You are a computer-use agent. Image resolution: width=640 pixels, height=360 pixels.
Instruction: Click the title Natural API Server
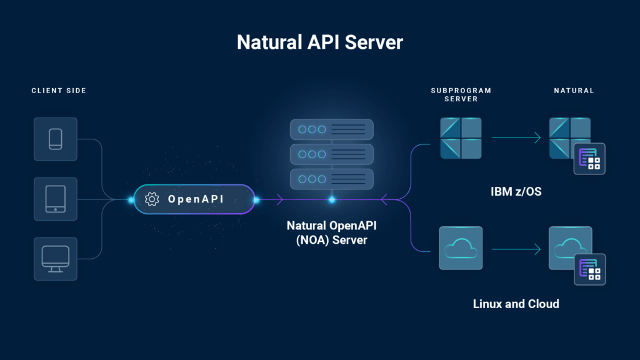[320, 43]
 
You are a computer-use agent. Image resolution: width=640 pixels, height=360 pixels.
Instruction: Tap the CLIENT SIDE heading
[59, 91]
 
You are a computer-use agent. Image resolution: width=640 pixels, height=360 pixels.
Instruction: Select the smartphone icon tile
[56, 139]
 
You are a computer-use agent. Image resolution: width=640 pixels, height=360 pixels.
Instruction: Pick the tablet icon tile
[56, 199]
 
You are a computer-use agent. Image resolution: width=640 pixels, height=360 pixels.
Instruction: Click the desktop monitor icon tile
[56, 259]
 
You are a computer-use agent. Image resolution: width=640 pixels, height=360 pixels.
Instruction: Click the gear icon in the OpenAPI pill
[151, 199]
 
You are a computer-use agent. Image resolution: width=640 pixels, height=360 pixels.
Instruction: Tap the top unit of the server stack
[332, 129]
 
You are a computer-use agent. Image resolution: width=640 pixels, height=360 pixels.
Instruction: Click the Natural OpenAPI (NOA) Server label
[332, 232]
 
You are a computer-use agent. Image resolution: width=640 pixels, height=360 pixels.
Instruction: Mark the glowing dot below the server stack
[332, 200]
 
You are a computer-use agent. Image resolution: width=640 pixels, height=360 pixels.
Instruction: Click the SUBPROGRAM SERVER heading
[461, 94]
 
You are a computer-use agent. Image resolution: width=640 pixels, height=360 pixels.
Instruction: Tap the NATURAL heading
[574, 91]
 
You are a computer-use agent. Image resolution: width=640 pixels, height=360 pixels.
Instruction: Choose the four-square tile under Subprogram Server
[461, 138]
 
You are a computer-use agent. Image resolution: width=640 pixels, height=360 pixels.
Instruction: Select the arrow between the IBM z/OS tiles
[516, 138]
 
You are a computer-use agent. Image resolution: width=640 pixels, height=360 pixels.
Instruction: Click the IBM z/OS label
[516, 191]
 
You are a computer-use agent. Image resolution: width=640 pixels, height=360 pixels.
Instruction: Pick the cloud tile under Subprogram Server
[461, 248]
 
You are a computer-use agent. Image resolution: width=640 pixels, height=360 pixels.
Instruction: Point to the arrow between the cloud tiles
[516, 249]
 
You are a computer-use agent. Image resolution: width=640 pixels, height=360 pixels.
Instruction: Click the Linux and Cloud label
[516, 304]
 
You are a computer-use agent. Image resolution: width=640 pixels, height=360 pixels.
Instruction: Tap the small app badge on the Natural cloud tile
[589, 269]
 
